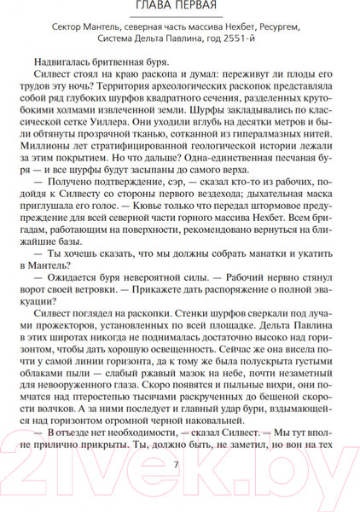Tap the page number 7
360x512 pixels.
pyautogui.click(x=176, y=465)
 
